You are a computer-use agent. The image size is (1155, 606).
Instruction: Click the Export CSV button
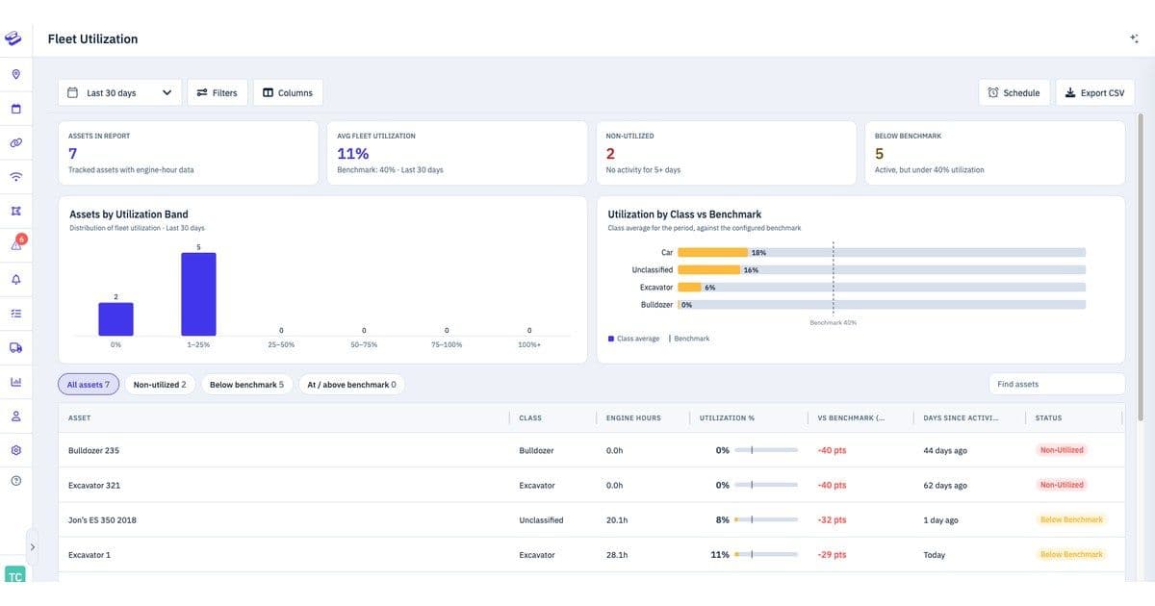1094,92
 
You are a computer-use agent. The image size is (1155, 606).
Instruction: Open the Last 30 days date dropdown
119,92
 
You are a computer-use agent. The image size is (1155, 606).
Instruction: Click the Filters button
218,92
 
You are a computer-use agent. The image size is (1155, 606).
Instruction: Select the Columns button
288,92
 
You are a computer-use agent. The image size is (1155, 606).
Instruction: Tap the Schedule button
1014,92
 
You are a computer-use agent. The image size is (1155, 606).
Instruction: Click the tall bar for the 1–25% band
198,294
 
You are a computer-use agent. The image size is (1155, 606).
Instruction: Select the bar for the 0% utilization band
116,319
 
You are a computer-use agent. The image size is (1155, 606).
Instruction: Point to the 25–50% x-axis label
281,344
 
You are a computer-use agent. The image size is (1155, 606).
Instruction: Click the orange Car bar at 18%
712,252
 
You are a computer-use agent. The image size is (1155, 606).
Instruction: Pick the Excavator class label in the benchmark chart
655,288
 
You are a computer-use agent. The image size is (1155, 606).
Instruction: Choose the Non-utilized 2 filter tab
160,385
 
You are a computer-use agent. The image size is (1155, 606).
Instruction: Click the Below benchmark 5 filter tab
246,385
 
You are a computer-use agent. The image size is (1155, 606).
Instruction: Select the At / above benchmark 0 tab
351,385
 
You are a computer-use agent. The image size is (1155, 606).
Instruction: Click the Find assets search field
1057,384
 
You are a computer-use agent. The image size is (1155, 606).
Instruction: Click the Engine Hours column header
633,417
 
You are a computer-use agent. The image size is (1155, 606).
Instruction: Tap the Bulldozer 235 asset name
93,450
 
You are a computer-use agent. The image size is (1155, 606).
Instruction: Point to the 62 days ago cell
945,486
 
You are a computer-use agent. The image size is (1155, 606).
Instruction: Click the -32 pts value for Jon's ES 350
832,520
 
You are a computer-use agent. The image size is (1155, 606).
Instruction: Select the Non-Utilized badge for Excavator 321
1062,485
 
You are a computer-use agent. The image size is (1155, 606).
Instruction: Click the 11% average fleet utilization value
352,154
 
